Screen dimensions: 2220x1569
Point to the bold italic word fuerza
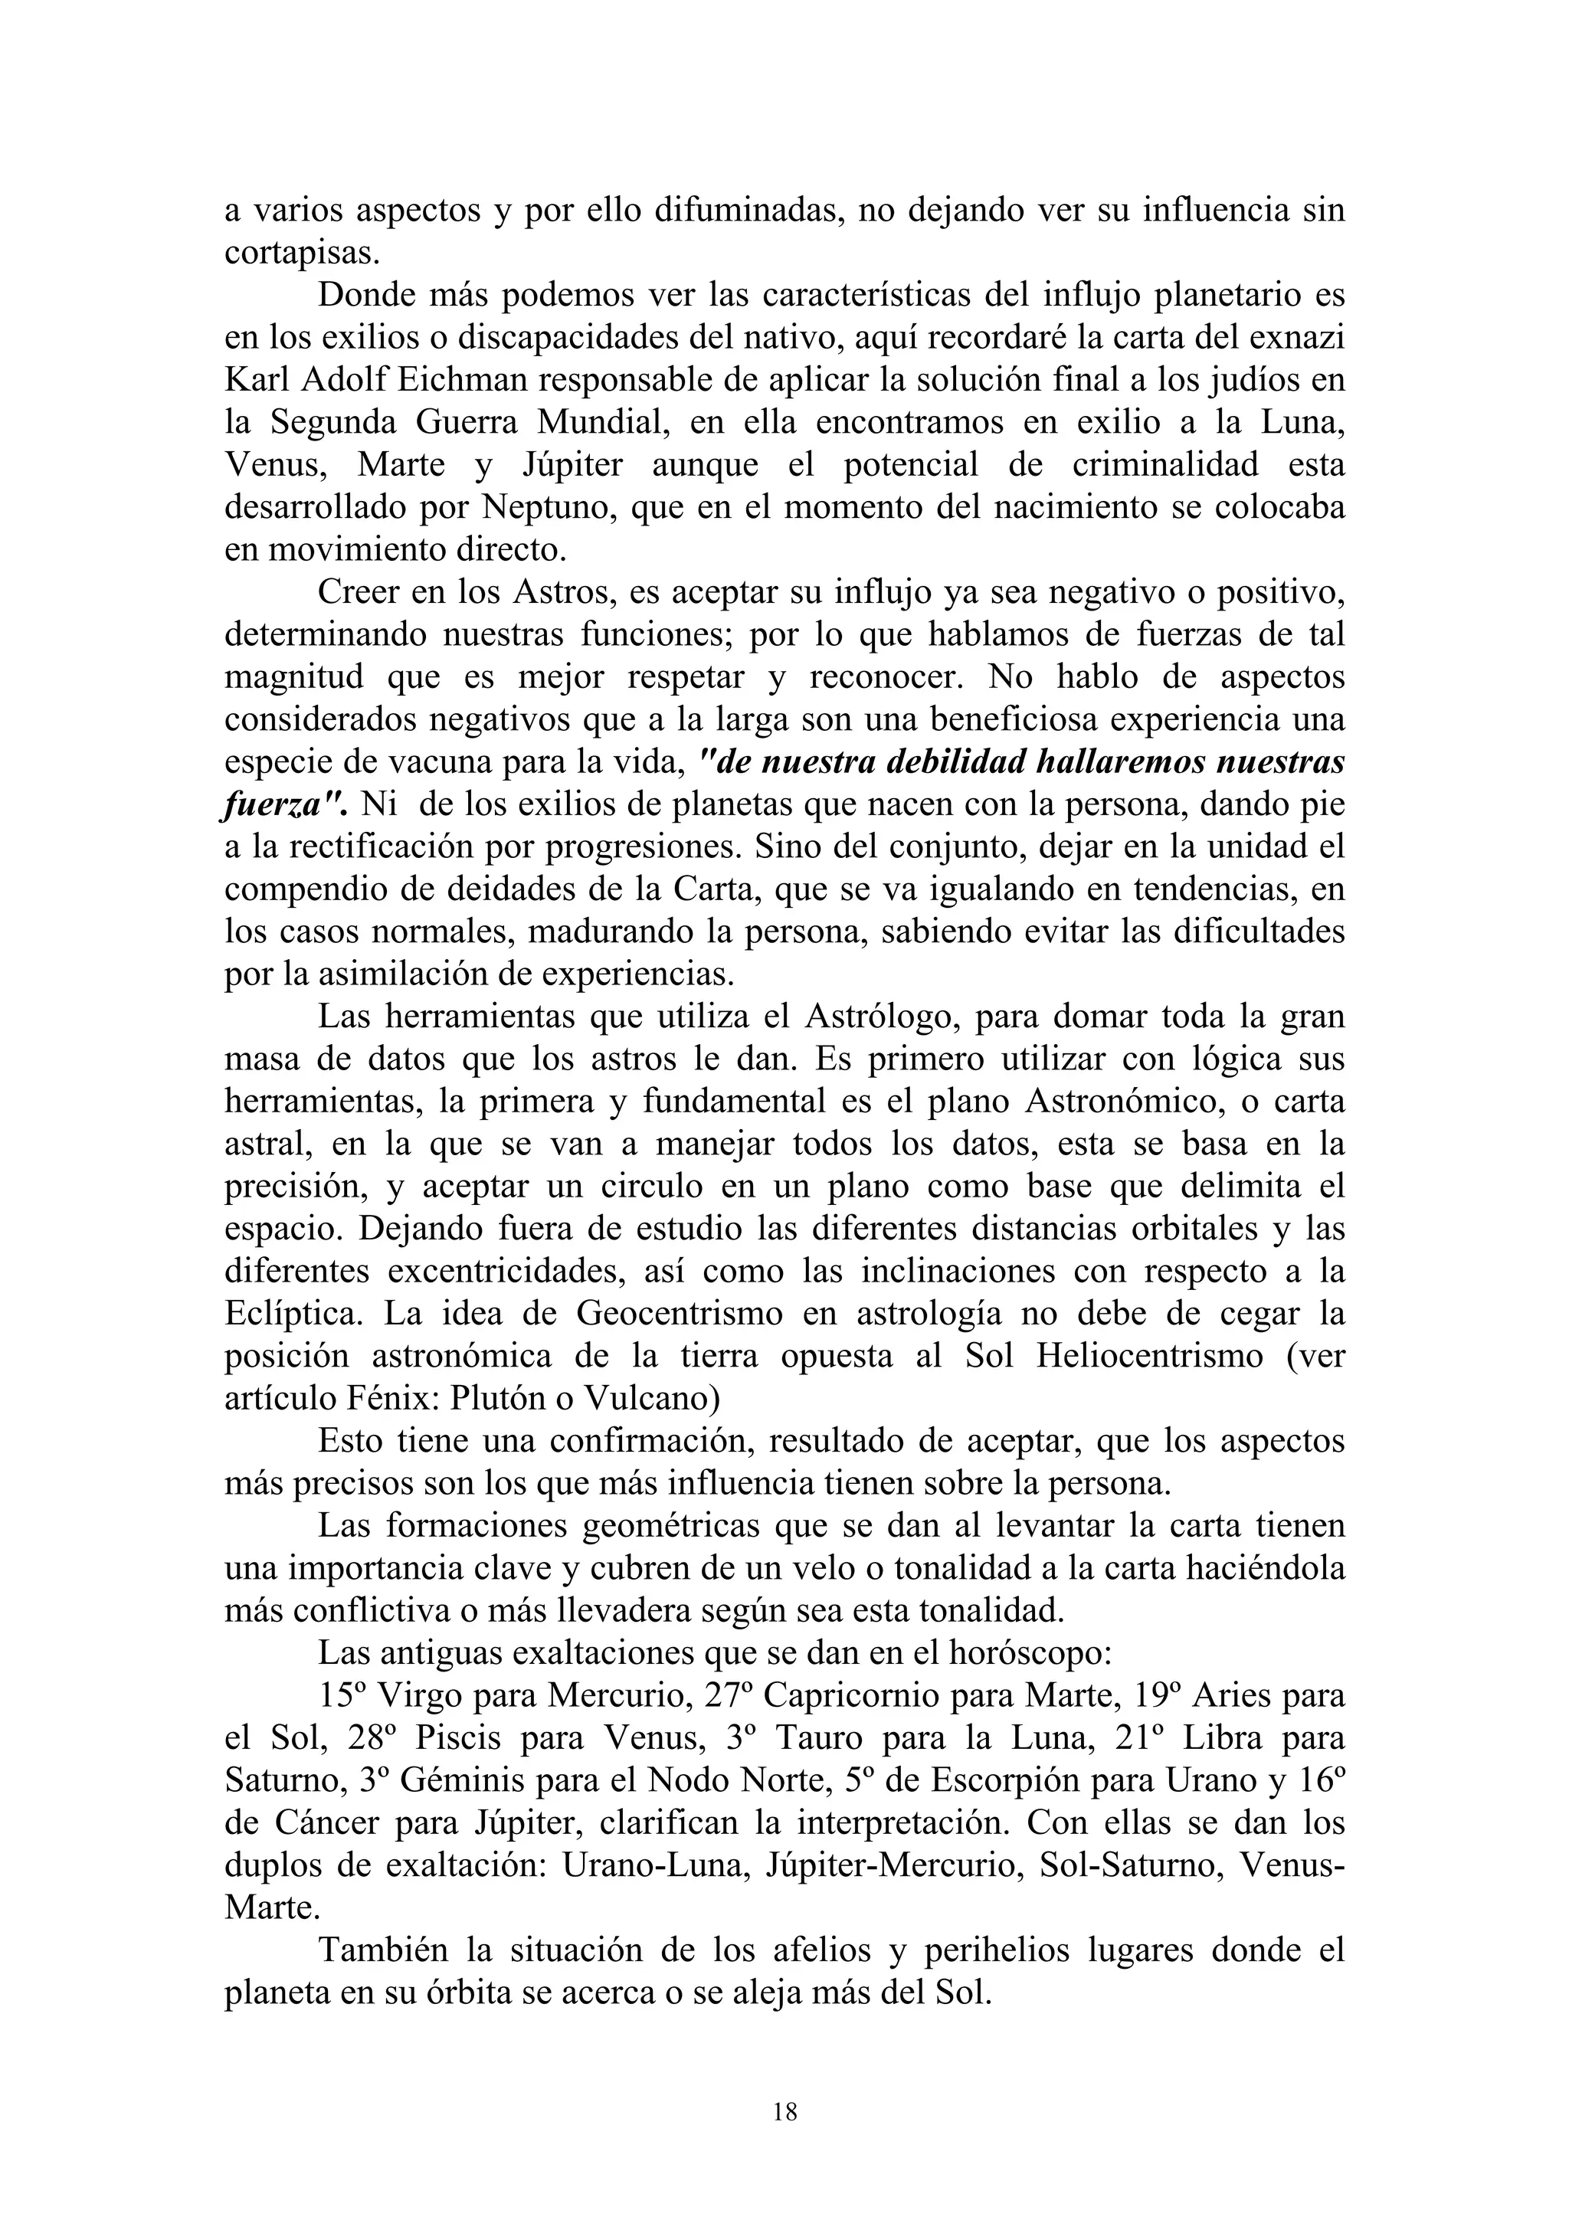pyautogui.click(x=277, y=804)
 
